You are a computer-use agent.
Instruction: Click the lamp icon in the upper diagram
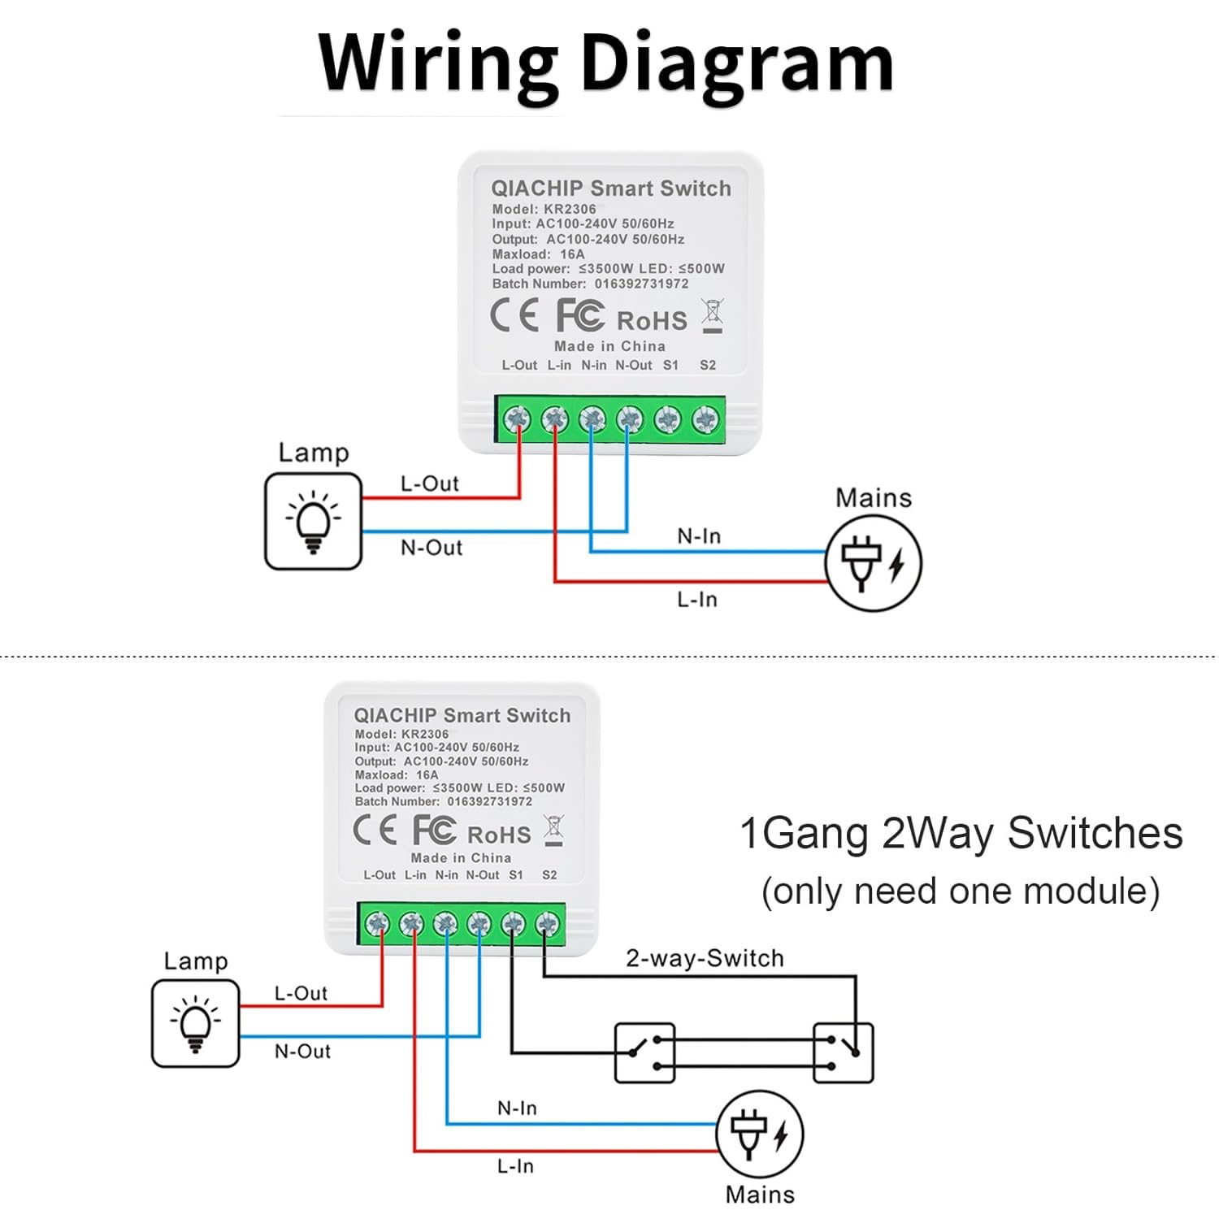(x=313, y=521)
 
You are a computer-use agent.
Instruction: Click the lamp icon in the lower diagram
(x=195, y=1023)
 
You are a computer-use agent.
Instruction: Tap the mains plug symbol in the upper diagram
(x=874, y=563)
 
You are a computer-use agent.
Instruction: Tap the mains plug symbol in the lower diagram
(x=760, y=1134)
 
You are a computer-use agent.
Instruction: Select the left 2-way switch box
(x=644, y=1053)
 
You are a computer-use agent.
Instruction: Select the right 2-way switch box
(x=844, y=1053)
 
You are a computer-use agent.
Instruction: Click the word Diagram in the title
(x=738, y=64)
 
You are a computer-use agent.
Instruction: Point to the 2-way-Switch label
(x=705, y=958)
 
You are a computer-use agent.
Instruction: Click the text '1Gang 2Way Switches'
(x=961, y=833)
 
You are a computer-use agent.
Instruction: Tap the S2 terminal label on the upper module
(x=708, y=366)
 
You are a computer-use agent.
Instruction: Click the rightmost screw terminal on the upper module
(x=705, y=419)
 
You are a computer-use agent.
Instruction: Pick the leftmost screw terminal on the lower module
(x=377, y=924)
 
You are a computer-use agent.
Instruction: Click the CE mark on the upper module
(x=514, y=315)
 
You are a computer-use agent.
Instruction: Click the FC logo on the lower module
(x=434, y=831)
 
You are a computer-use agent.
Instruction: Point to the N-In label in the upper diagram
(x=699, y=536)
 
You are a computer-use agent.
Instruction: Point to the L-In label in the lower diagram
(x=515, y=1166)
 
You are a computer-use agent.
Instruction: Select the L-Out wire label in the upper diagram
(x=429, y=484)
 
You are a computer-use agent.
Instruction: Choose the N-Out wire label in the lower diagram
(x=302, y=1052)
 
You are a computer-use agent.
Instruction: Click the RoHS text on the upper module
(x=652, y=321)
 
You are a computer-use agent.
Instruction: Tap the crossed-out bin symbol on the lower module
(x=553, y=831)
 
